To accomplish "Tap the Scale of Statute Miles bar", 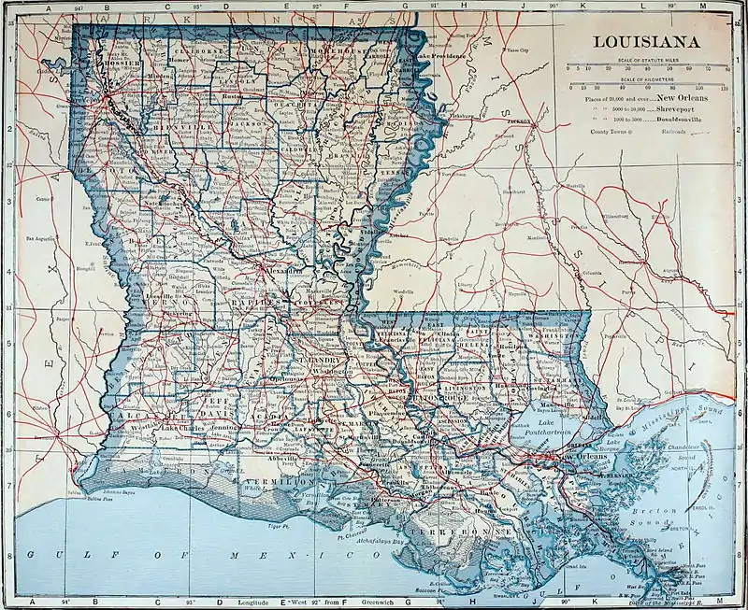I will coord(649,67).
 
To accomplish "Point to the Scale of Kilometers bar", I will coord(649,85).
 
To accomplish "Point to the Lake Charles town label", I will coord(182,429).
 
